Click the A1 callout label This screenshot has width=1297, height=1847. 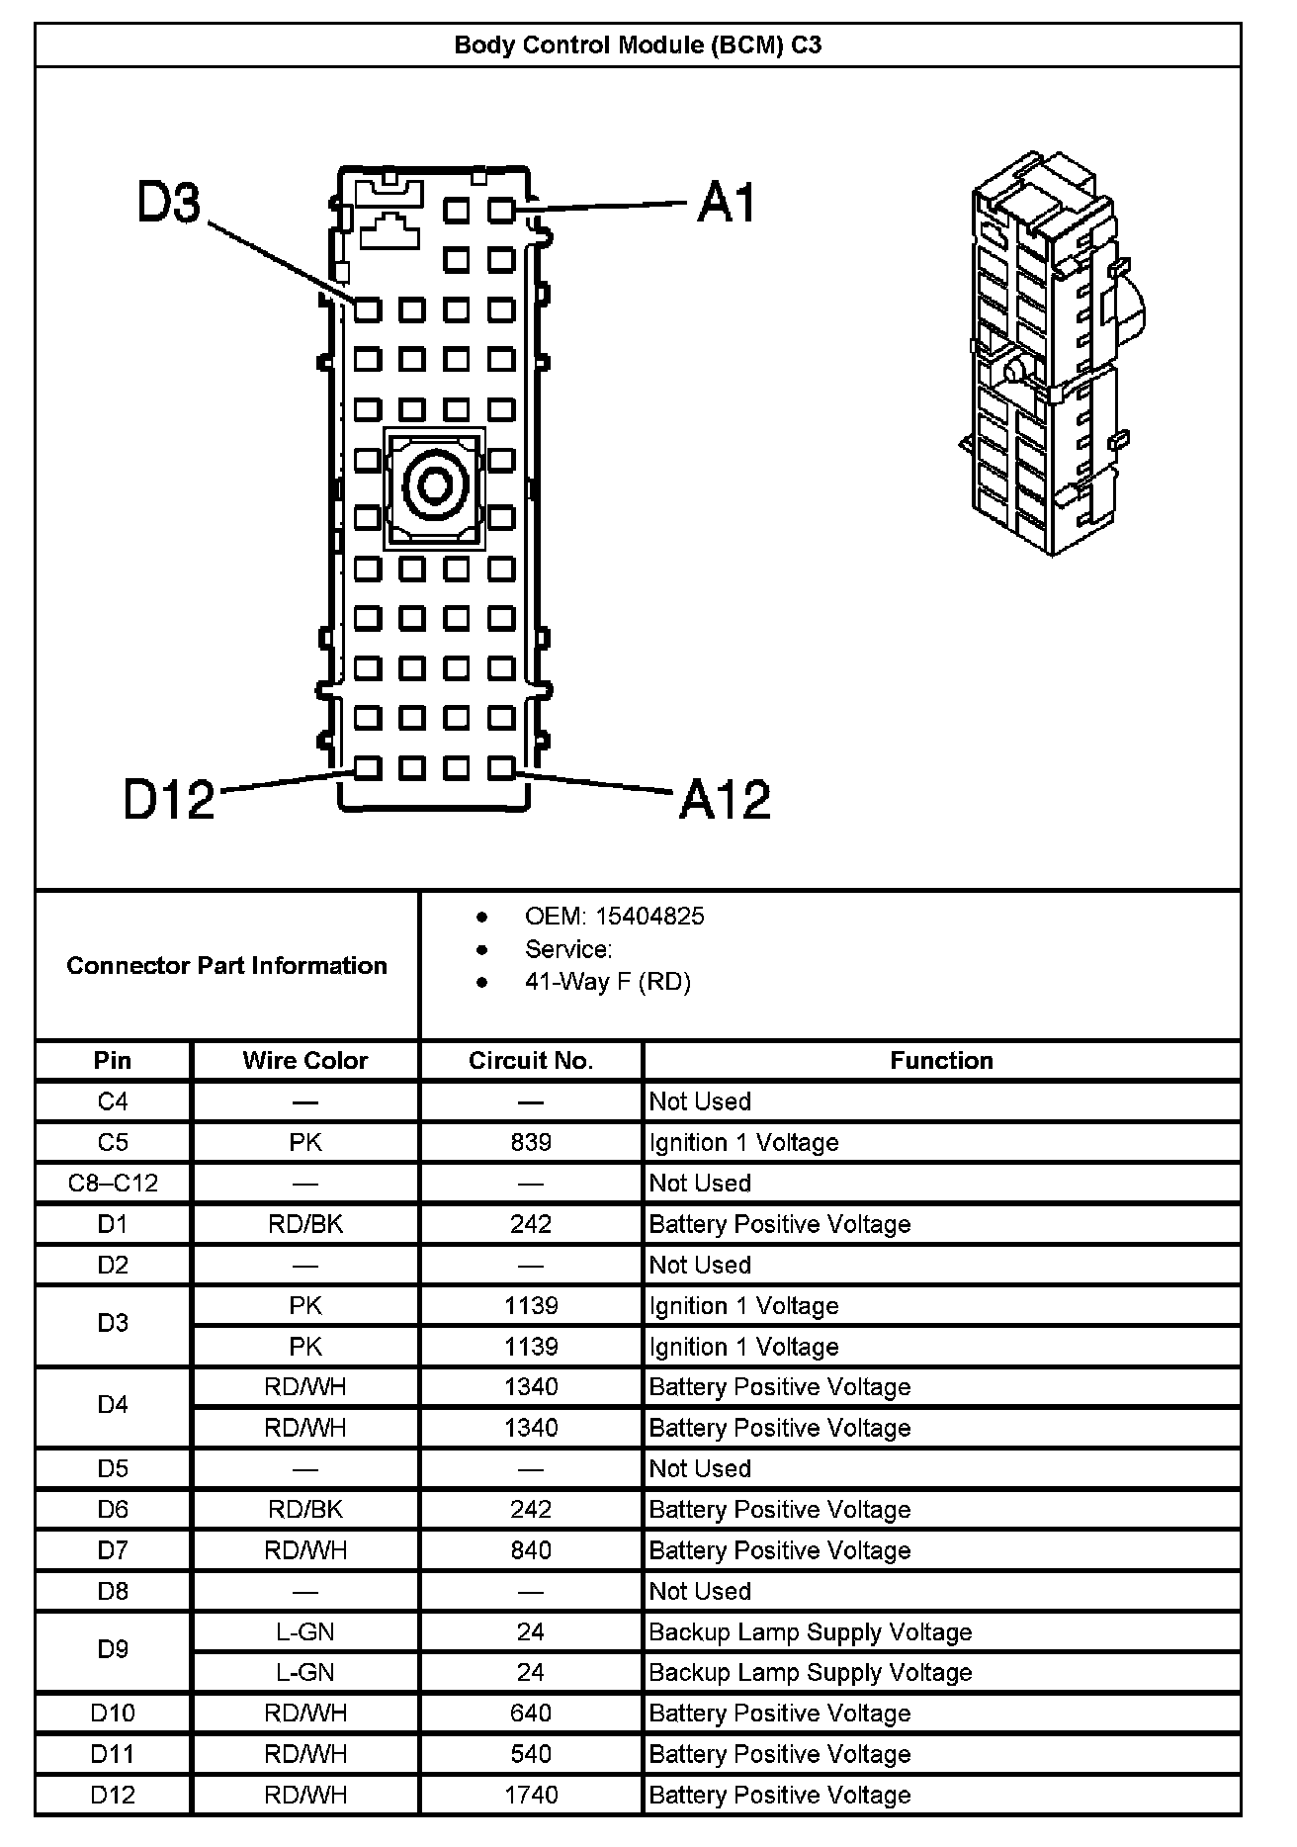[x=726, y=203]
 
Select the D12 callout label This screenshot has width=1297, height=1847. [x=169, y=799]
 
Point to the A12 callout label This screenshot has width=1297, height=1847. [x=725, y=799]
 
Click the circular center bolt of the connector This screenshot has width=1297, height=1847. [x=434, y=486]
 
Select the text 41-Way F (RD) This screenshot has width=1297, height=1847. [x=608, y=982]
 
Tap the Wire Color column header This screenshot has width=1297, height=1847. [x=304, y=1061]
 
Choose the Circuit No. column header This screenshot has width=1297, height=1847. [x=531, y=1061]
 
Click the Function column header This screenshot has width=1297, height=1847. [x=941, y=1061]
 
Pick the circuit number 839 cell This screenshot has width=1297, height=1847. [x=531, y=1143]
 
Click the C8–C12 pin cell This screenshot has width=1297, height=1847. [x=113, y=1184]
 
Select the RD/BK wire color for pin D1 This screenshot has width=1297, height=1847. [x=304, y=1224]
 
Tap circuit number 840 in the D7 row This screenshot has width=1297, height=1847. [x=531, y=1550]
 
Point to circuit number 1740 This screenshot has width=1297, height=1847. [x=531, y=1795]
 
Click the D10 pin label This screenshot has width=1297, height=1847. [x=113, y=1714]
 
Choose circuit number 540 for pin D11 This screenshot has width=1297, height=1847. [x=531, y=1754]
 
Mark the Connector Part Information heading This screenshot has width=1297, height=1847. [x=226, y=966]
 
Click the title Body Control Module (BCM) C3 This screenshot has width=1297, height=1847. [x=638, y=45]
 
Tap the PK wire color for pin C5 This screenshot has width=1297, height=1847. [x=304, y=1143]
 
